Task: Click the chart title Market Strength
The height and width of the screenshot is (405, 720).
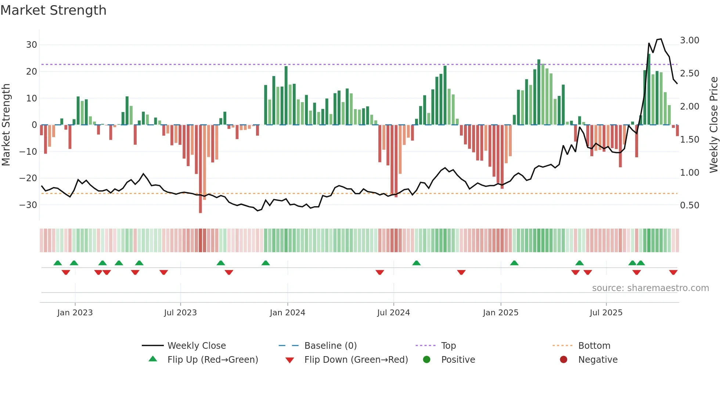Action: tap(53, 10)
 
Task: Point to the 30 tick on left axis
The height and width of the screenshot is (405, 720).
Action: tap(32, 45)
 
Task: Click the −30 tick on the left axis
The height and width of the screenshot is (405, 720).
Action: tap(29, 205)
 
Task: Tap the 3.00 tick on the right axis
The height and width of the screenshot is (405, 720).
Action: tap(690, 40)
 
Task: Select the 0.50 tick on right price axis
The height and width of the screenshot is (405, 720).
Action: tap(690, 205)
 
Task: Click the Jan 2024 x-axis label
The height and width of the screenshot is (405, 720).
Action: tap(287, 313)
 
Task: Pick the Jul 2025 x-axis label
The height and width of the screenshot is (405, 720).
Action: tap(606, 313)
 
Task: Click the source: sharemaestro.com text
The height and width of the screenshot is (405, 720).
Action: tap(650, 288)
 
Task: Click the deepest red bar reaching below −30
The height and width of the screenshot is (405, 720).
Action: tap(200, 169)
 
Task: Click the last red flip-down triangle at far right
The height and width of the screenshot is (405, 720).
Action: tap(673, 272)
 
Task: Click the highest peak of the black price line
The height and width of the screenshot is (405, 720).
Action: tap(661, 39)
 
